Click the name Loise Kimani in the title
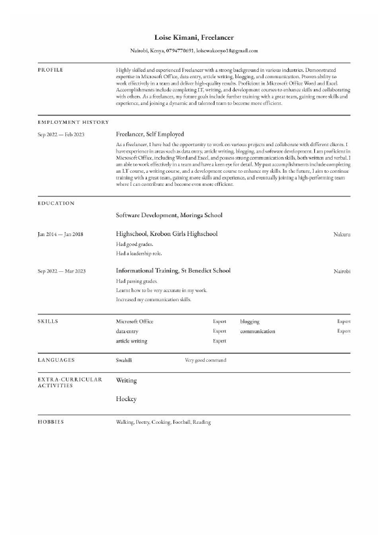click(174, 38)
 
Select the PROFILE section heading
click(51, 69)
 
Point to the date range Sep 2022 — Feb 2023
click(61, 134)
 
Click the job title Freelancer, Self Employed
click(149, 134)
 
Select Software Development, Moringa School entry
click(169, 215)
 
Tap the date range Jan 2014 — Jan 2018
click(61, 233)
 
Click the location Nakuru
click(342, 233)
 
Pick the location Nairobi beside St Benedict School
click(342, 271)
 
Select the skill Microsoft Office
click(134, 321)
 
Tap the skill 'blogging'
click(249, 321)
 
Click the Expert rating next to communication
click(343, 331)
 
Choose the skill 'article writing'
click(131, 341)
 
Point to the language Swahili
click(124, 360)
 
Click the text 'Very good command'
click(205, 360)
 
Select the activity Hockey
click(126, 398)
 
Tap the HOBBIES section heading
click(51, 422)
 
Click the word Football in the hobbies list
click(181, 422)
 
